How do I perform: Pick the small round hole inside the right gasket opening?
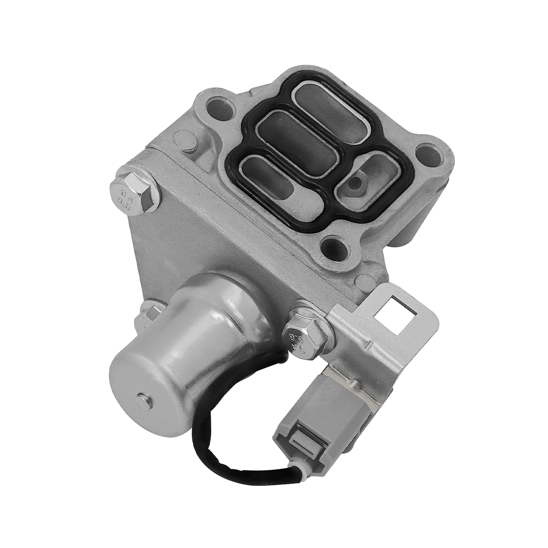coord(357,180)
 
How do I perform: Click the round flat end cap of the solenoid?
coord(146,395)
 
